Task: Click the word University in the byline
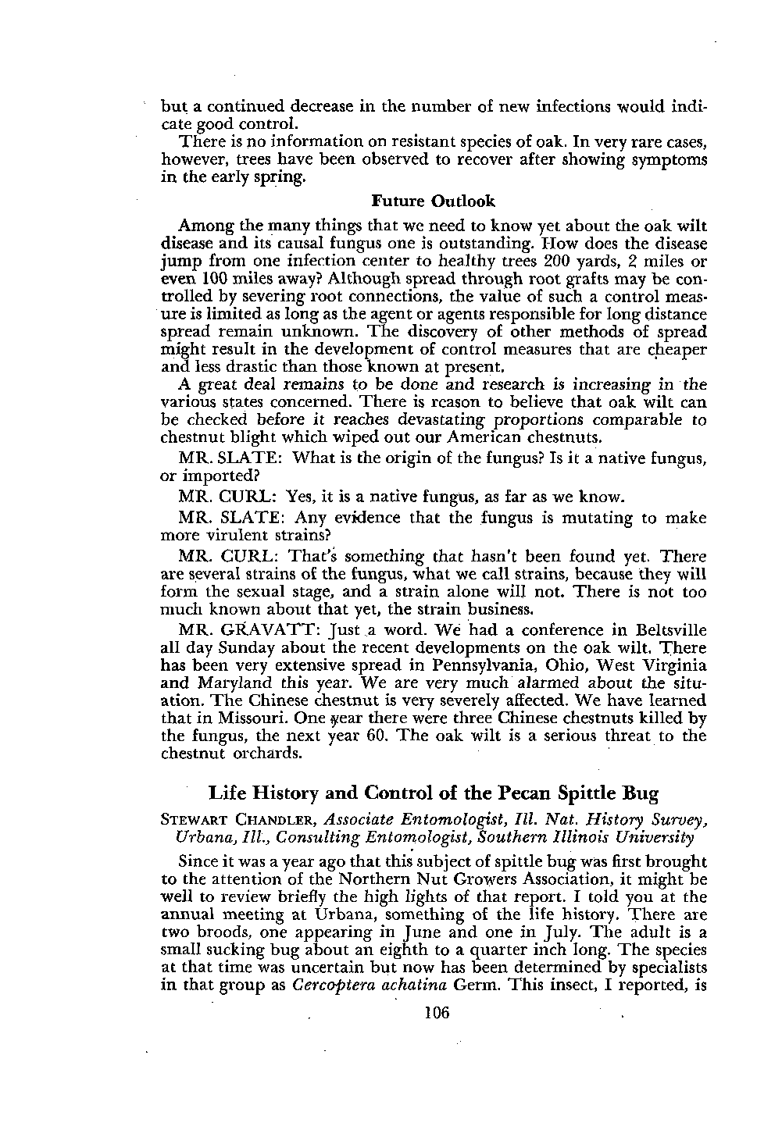click(672, 837)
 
